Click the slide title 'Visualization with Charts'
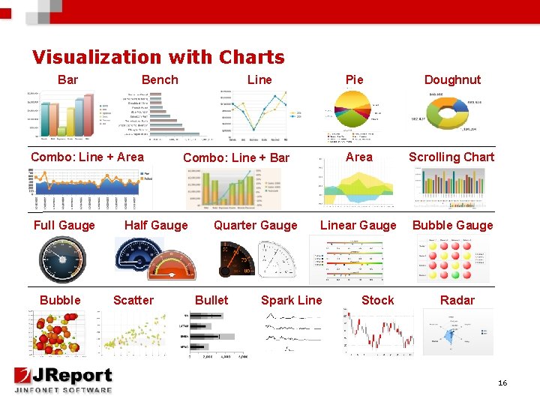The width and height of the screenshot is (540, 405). click(158, 57)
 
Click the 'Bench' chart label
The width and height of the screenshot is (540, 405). click(160, 79)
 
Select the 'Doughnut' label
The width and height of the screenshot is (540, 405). click(452, 79)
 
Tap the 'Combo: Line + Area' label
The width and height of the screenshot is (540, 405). click(87, 157)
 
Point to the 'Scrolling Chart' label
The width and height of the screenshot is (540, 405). click(451, 157)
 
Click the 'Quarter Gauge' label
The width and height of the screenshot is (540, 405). click(255, 225)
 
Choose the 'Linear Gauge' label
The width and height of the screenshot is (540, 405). click(358, 225)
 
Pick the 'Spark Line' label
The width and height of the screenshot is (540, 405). click(291, 300)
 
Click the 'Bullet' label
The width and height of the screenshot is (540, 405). click(211, 300)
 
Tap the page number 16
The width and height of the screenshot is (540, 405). click(502, 383)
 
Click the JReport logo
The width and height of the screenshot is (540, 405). click(63, 379)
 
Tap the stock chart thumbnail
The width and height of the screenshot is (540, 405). click(379, 332)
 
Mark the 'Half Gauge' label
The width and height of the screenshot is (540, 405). click(156, 225)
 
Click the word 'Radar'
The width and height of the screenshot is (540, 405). click(457, 300)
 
